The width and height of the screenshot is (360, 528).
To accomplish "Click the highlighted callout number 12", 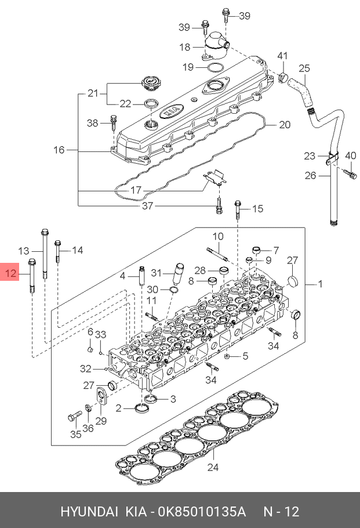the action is [11, 273].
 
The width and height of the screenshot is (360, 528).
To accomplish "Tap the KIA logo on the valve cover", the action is [172, 111].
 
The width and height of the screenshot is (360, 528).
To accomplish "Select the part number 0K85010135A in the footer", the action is [202, 512].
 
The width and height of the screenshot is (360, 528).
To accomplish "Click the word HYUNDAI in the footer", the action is [89, 512].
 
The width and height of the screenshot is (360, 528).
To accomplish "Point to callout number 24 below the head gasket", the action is [213, 467].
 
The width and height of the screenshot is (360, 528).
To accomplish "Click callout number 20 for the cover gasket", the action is [285, 125].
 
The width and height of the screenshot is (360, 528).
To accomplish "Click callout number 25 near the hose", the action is [304, 68].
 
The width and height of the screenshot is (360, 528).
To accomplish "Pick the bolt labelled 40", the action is [350, 175].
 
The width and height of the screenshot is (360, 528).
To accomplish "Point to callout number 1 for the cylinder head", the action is [321, 284].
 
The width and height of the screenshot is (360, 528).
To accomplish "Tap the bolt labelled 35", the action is [75, 416].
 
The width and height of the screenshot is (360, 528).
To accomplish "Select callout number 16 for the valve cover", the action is [59, 150].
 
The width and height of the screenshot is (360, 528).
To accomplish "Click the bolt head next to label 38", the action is [114, 118].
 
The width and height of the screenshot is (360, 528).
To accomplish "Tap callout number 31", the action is [157, 273].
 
